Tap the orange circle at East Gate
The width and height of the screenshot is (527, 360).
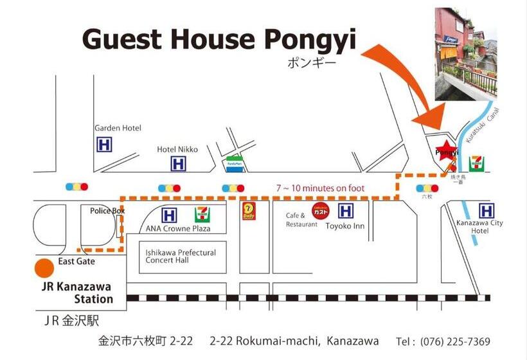click(x=44, y=266)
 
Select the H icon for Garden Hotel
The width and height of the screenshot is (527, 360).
click(x=103, y=145)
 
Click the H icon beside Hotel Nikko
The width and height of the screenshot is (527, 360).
click(x=178, y=164)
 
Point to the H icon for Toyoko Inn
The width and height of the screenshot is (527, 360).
click(x=346, y=210)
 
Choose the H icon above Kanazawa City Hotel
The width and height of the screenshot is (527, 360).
click(x=487, y=210)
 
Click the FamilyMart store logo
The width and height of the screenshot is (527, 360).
click(x=235, y=163)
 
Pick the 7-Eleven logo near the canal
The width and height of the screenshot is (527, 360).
click(x=476, y=163)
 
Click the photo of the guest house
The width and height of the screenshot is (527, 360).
click(x=465, y=54)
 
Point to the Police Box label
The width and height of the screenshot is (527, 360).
click(x=107, y=211)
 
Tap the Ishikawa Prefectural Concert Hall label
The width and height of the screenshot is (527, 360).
click(x=181, y=256)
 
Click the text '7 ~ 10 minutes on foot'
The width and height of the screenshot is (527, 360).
click(x=320, y=188)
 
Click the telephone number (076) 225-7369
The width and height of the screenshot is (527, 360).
click(x=452, y=341)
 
